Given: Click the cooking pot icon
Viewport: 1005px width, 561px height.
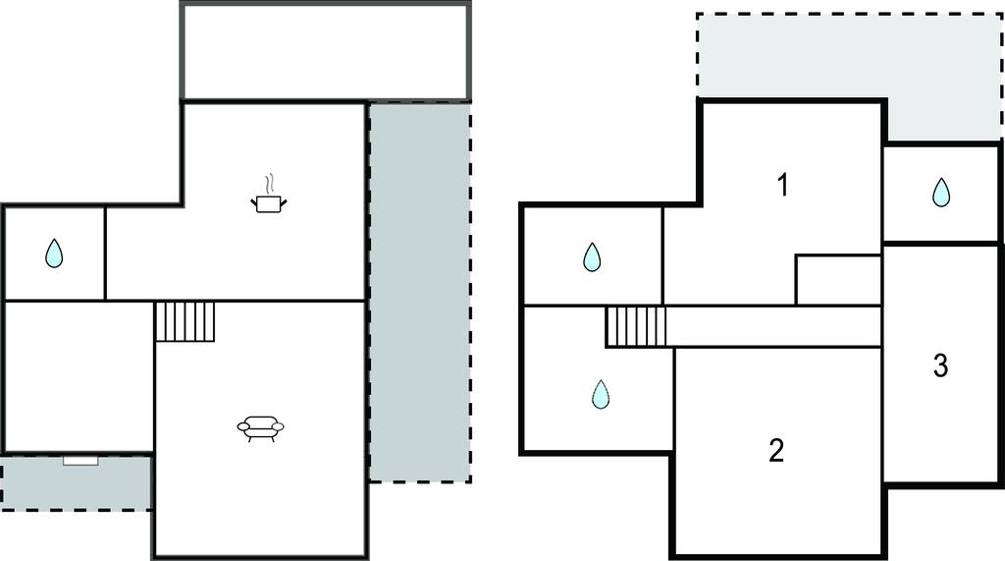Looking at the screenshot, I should click(270, 203).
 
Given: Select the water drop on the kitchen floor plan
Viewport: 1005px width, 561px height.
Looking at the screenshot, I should click(54, 254).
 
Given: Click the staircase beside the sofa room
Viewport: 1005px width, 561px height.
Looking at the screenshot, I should click(185, 321).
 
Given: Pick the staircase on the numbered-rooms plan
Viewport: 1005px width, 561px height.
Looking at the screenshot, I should click(635, 326).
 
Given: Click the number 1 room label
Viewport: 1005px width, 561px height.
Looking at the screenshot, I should click(782, 185).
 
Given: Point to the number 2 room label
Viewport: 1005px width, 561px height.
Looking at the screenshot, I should click(776, 451).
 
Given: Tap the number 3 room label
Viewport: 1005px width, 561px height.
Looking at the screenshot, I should click(940, 366).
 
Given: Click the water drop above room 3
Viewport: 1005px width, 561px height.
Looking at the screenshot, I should click(941, 192).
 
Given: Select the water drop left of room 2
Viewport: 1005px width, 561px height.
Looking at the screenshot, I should click(601, 394).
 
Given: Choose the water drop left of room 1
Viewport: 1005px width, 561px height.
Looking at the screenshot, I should click(592, 256).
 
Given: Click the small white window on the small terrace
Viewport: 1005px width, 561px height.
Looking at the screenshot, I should click(80, 460).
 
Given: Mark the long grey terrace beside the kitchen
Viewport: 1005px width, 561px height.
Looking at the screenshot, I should click(419, 292).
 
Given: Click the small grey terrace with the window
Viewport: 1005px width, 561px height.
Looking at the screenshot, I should click(76, 483).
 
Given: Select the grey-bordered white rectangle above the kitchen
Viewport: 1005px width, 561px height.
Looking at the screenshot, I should click(326, 51).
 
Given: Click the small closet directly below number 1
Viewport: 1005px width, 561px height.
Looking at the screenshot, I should click(837, 280).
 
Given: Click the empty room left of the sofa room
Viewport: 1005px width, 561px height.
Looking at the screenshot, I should click(79, 375).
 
